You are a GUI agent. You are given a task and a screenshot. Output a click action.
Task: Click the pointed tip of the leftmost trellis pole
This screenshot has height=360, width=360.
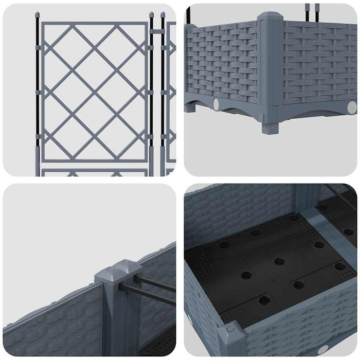point(37,14)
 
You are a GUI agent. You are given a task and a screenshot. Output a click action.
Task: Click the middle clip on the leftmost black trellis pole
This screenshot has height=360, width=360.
point(37,92)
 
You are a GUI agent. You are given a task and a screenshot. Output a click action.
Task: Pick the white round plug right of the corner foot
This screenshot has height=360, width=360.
point(351,107)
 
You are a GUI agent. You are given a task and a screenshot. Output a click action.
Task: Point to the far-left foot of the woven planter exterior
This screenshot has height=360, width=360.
point(194,110)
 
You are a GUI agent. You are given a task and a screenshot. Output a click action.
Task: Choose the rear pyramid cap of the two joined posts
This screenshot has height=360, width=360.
point(127,266)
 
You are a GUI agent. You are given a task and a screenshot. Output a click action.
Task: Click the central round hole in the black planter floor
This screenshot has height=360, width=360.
point(279,261)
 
